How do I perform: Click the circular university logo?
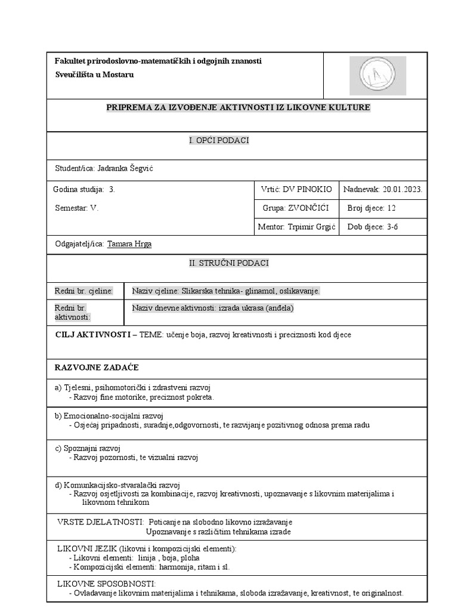coord(377,76)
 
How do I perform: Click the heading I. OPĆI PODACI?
coord(218,140)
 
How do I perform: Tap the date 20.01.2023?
coord(403,189)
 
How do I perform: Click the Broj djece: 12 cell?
coord(371,208)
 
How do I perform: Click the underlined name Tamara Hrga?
coord(129,244)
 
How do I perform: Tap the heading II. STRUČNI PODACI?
coord(218,263)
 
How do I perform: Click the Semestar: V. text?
coord(76,208)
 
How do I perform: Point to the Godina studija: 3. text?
coord(83,189)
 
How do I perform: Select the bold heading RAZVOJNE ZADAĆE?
coord(97,367)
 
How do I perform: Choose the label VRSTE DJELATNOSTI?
coord(100,521)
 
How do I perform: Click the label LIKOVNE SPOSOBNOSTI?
coord(106,583)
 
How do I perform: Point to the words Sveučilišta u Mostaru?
coord(94,75)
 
